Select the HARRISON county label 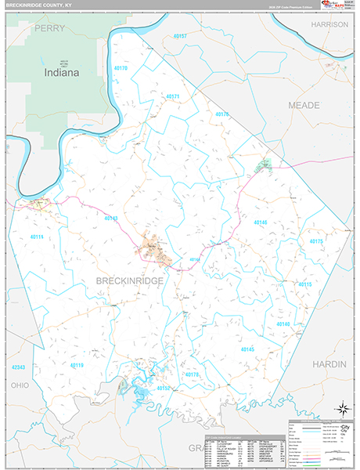pos(328,24)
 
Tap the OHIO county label pos(20,385)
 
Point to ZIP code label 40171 pos(173,96)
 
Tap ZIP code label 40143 pos(110,219)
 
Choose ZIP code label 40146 pos(261,222)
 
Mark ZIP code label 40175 pos(316,241)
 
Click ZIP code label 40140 pos(283,324)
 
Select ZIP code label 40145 pos(247,349)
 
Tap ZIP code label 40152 pos(163,388)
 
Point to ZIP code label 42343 pos(19,367)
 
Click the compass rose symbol pos(341,408)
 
